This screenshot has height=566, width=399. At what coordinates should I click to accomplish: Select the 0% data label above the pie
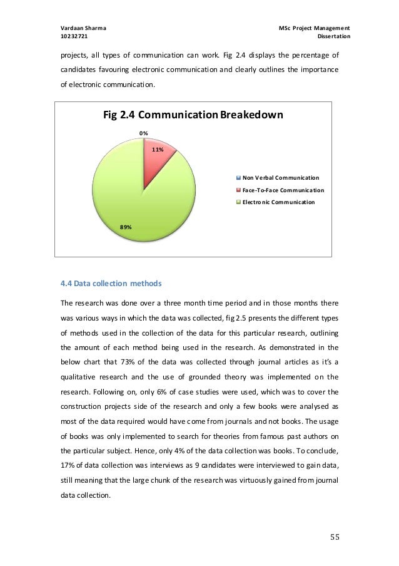(x=143, y=133)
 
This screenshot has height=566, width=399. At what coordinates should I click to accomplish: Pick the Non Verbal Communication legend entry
(x=280, y=178)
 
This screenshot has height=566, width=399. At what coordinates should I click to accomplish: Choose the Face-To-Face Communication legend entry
(x=283, y=190)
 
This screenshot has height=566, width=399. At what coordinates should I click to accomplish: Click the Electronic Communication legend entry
(x=278, y=202)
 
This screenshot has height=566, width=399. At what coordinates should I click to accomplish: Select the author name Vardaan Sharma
(x=83, y=28)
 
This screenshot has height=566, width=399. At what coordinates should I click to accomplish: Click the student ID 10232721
(x=74, y=38)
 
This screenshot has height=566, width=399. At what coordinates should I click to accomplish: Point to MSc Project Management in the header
(x=315, y=28)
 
